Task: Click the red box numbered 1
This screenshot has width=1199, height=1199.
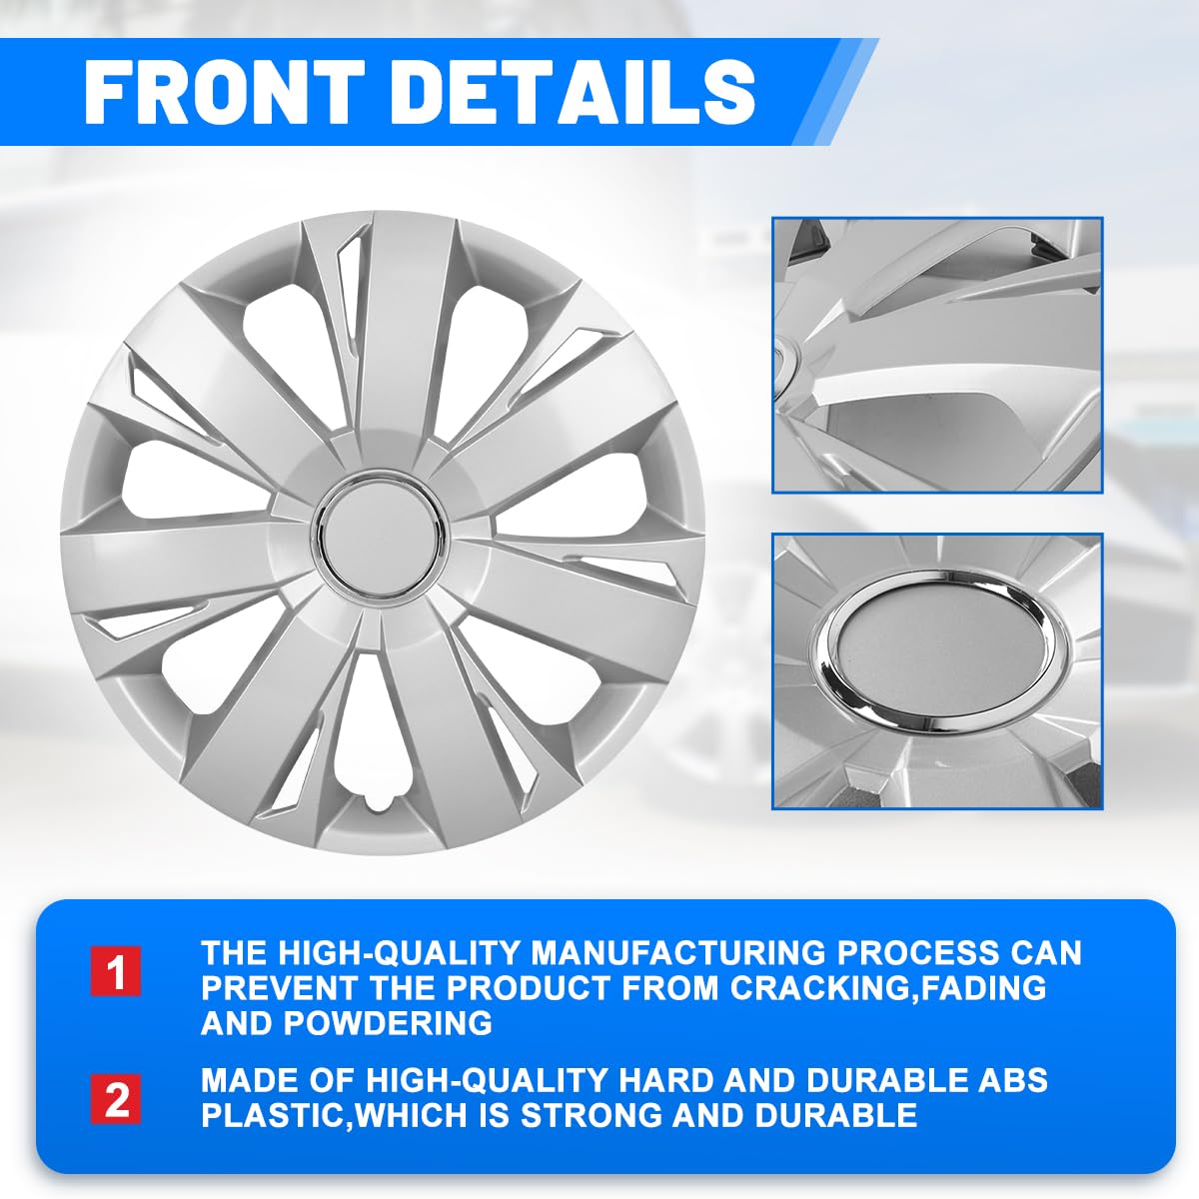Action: pos(117,972)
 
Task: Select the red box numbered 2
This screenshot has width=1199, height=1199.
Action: pos(117,1099)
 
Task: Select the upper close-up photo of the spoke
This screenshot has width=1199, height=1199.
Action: pos(937,355)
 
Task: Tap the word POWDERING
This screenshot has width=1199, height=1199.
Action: pos(388,1023)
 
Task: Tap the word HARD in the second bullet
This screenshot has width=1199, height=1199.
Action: pos(665,1080)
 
